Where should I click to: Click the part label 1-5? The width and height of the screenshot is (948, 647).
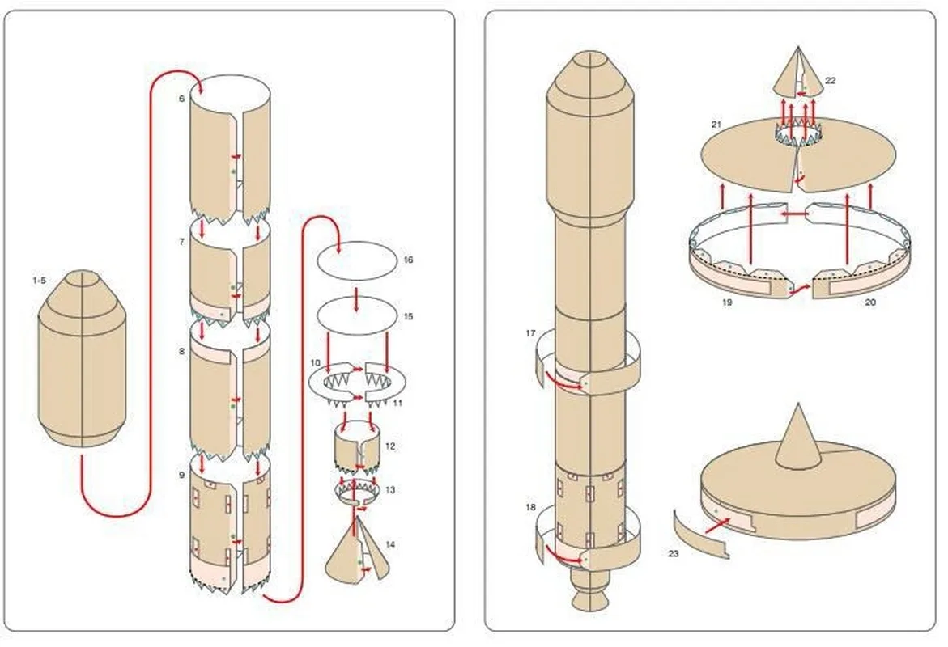point(39,280)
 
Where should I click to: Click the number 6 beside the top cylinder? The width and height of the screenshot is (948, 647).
point(182,98)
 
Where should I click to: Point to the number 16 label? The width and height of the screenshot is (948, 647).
point(408,260)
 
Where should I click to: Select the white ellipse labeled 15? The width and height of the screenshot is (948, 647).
point(356,315)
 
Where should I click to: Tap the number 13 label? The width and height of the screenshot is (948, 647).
point(390,490)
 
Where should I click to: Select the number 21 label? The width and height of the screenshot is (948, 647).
point(716,125)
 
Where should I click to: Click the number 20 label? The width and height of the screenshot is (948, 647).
point(869,302)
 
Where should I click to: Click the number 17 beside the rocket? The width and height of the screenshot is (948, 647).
point(530,333)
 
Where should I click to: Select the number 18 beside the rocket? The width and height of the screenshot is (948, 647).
point(530,507)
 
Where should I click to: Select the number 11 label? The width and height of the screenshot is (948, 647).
point(397,401)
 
